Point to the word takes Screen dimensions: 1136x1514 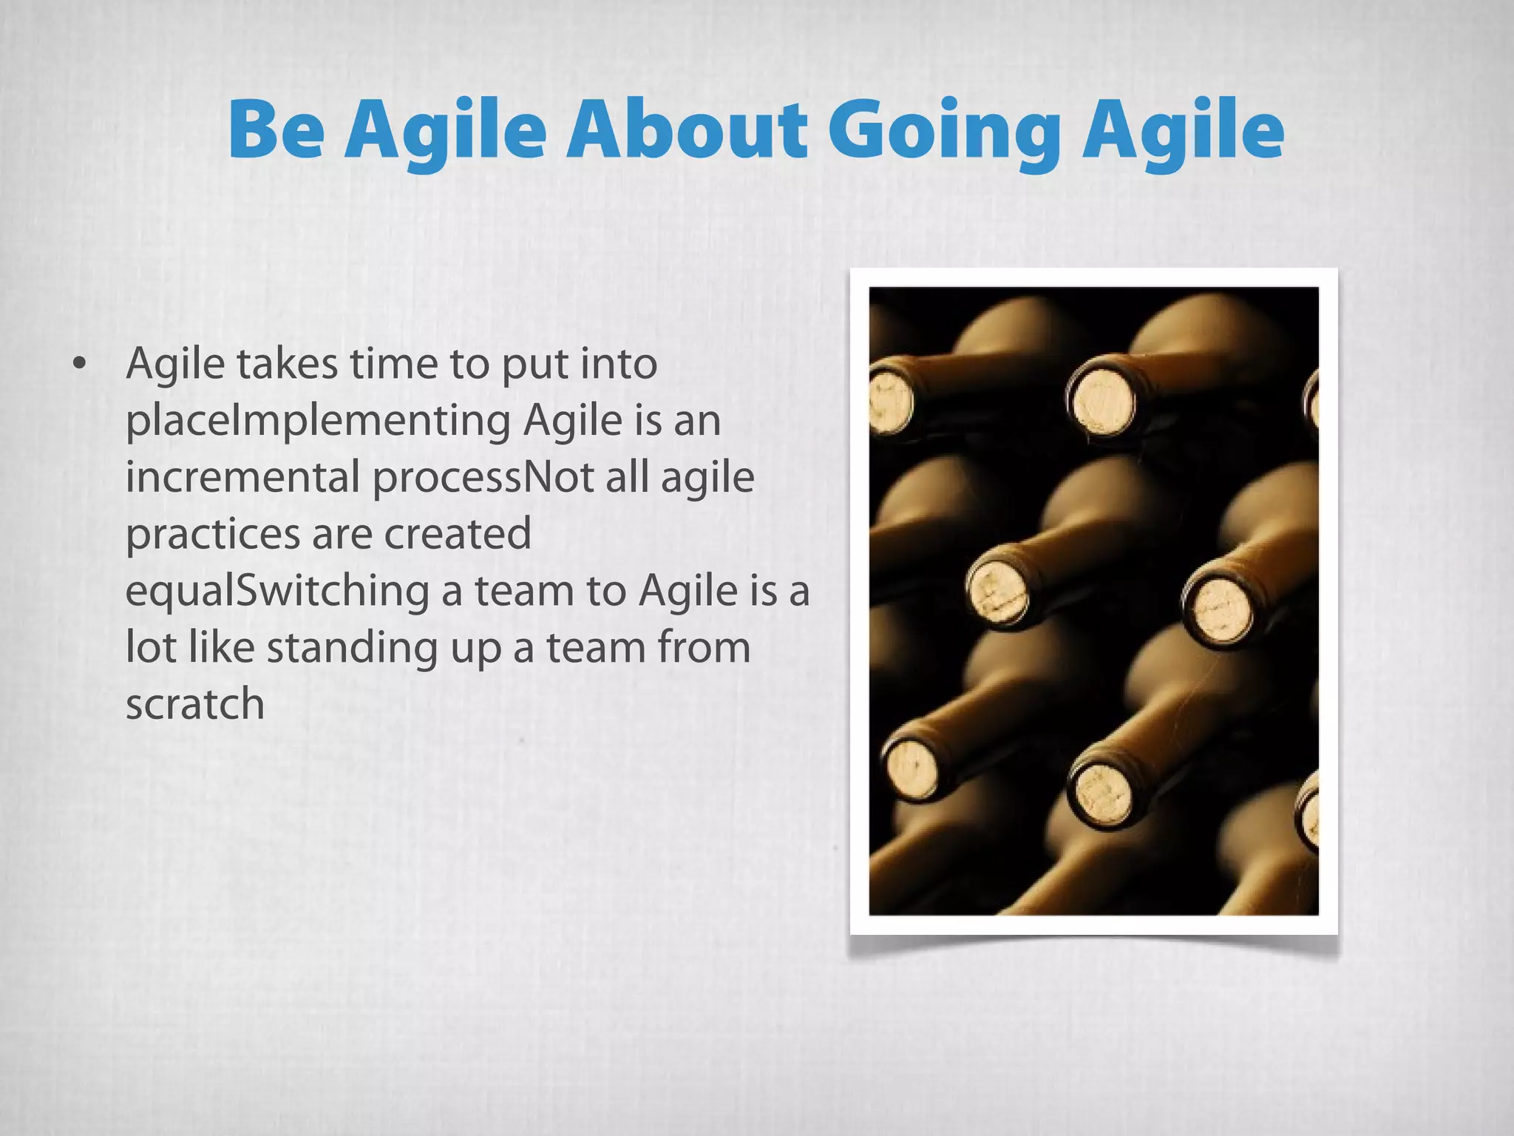point(286,365)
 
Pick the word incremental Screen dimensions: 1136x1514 point(242,478)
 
